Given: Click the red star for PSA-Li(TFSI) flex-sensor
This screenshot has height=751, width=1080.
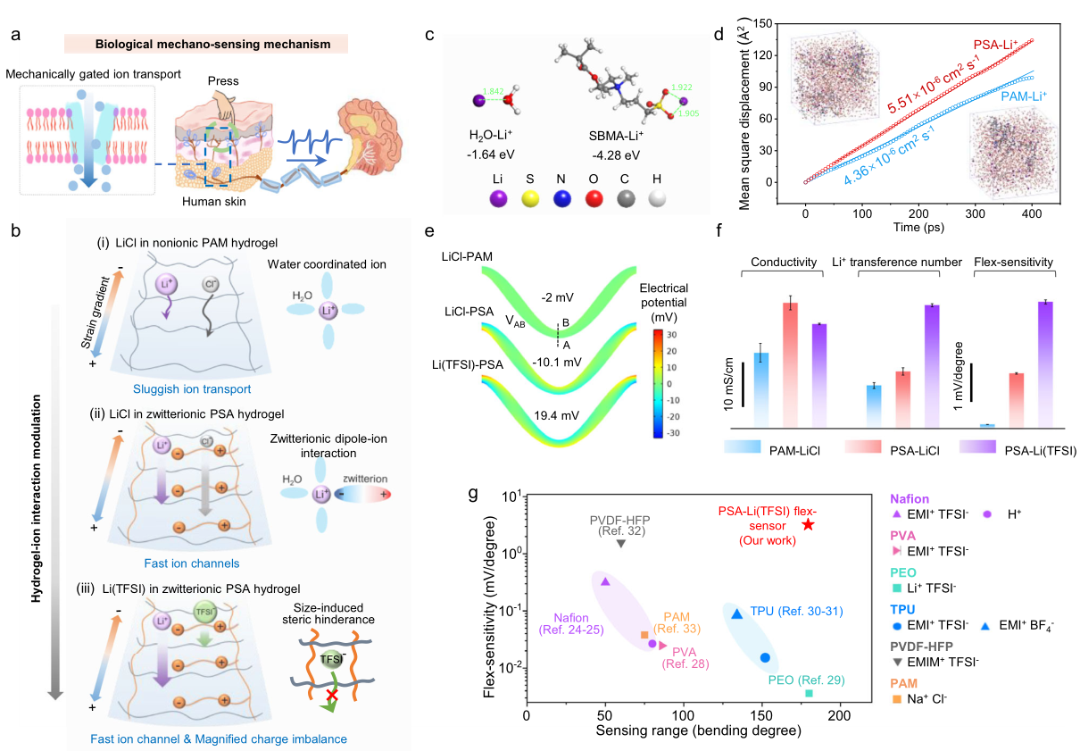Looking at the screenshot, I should point(809,524).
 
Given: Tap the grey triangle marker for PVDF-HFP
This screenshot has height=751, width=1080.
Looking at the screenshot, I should point(621,543).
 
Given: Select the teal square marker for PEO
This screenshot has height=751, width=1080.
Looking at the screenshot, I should point(809,693).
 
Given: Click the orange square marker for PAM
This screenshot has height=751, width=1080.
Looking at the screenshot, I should point(644,635).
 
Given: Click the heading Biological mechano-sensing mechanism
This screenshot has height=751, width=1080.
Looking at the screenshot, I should point(206,44).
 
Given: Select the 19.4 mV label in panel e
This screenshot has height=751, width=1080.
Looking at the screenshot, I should point(559,415).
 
